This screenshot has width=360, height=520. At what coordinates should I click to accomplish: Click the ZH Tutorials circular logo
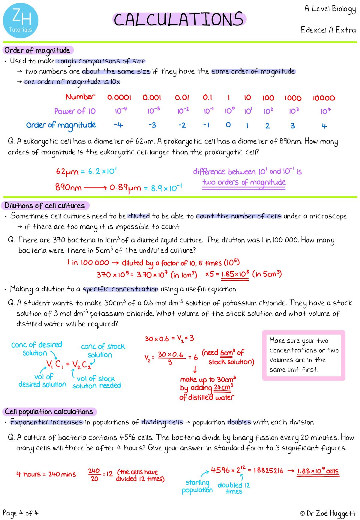[21, 21]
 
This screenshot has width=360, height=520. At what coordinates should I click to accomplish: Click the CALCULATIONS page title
[179, 20]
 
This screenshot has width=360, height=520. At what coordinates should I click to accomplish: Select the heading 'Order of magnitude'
[37, 50]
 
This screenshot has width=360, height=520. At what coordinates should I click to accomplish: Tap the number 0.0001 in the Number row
[119, 98]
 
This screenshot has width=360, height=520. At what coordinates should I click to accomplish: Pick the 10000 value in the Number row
[324, 98]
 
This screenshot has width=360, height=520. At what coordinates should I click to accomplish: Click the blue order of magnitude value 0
[228, 125]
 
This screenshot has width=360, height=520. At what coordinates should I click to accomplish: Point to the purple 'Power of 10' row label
[75, 111]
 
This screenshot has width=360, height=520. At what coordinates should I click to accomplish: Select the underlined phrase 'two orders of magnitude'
[244, 182]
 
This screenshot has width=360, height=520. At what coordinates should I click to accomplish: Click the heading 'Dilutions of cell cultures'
[45, 206]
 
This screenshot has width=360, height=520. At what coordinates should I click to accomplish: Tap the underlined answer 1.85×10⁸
[235, 274]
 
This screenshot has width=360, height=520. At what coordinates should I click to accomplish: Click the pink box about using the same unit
[304, 355]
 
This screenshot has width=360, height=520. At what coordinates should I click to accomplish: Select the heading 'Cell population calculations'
[49, 412]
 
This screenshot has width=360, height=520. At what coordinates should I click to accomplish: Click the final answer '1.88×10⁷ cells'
[318, 471]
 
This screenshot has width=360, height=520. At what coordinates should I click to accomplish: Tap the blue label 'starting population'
[197, 486]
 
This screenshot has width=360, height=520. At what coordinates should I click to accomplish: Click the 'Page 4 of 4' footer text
[20, 513]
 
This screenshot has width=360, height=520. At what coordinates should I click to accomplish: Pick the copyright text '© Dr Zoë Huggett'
[328, 513]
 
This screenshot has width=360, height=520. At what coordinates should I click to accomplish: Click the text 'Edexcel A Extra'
[328, 30]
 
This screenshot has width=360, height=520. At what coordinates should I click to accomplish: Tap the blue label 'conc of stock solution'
[103, 350]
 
